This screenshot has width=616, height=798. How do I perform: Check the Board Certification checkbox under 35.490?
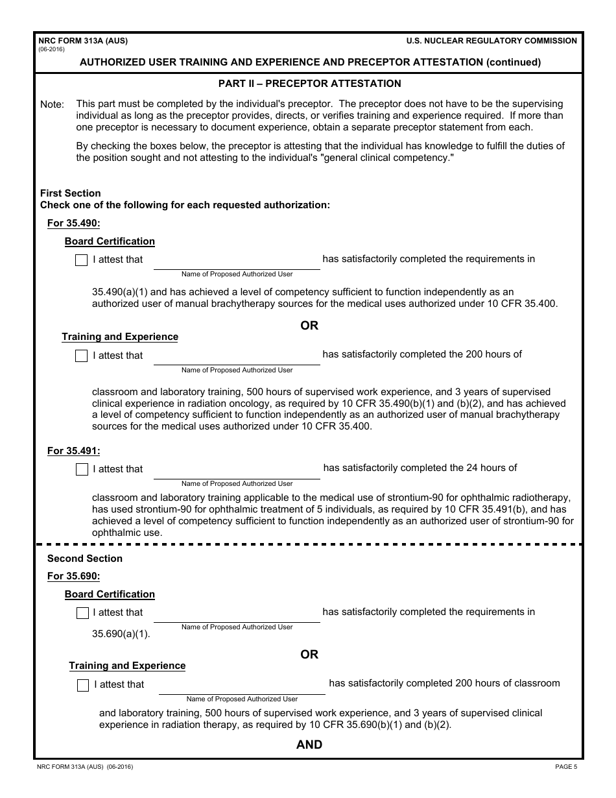click(81, 260)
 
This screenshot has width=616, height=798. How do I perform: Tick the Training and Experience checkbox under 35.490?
click(81, 356)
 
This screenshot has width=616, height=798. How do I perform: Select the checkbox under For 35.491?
click(82, 470)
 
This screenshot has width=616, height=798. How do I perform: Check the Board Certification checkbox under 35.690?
click(82, 613)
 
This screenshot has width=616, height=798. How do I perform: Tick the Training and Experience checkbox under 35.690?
click(83, 685)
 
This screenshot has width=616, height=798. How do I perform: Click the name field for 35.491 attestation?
click(237, 470)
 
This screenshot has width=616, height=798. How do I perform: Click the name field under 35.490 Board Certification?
click(237, 260)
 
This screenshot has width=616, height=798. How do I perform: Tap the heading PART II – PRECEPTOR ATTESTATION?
click(309, 84)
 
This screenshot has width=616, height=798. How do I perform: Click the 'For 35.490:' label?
click(73, 224)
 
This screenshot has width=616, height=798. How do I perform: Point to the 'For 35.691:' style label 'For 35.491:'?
click(73, 451)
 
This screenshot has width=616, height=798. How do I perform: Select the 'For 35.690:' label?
click(73, 576)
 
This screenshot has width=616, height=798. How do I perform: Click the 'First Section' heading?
click(71, 193)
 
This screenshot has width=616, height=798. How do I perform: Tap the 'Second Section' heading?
click(85, 559)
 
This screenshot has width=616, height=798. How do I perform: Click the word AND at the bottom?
click(309, 745)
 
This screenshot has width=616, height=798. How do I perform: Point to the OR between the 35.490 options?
click(309, 326)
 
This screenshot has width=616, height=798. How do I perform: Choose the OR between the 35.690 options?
click(309, 655)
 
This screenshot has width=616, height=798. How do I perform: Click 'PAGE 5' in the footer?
click(565, 767)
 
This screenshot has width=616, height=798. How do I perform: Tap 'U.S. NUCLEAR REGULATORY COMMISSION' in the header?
click(492, 41)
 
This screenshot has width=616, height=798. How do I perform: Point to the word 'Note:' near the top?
click(53, 104)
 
